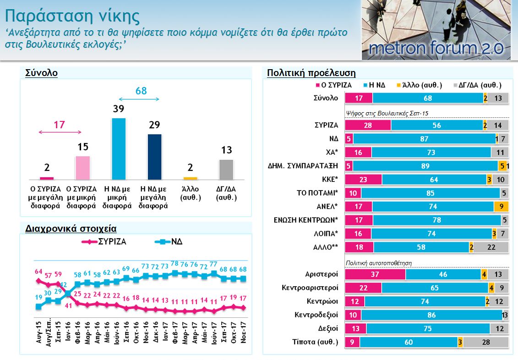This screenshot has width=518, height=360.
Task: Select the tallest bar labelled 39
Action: click(x=119, y=149)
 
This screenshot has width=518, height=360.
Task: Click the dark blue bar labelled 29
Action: click(x=154, y=157)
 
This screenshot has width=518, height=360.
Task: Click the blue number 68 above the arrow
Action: click(x=141, y=91)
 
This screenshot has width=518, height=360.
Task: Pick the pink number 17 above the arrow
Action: click(x=60, y=124)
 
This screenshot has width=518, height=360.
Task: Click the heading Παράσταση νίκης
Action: click(x=72, y=16)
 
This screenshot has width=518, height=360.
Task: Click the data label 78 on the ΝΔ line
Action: click(x=174, y=264)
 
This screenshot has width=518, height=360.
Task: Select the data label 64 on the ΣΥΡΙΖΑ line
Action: click(x=38, y=271)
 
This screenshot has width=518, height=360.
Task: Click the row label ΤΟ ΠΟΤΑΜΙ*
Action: click(x=317, y=193)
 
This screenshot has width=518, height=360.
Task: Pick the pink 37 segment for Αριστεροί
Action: click(x=375, y=274)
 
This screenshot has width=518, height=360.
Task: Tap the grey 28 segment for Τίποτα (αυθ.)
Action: click(x=486, y=342)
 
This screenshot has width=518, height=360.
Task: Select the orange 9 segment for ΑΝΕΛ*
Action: click(x=501, y=207)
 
